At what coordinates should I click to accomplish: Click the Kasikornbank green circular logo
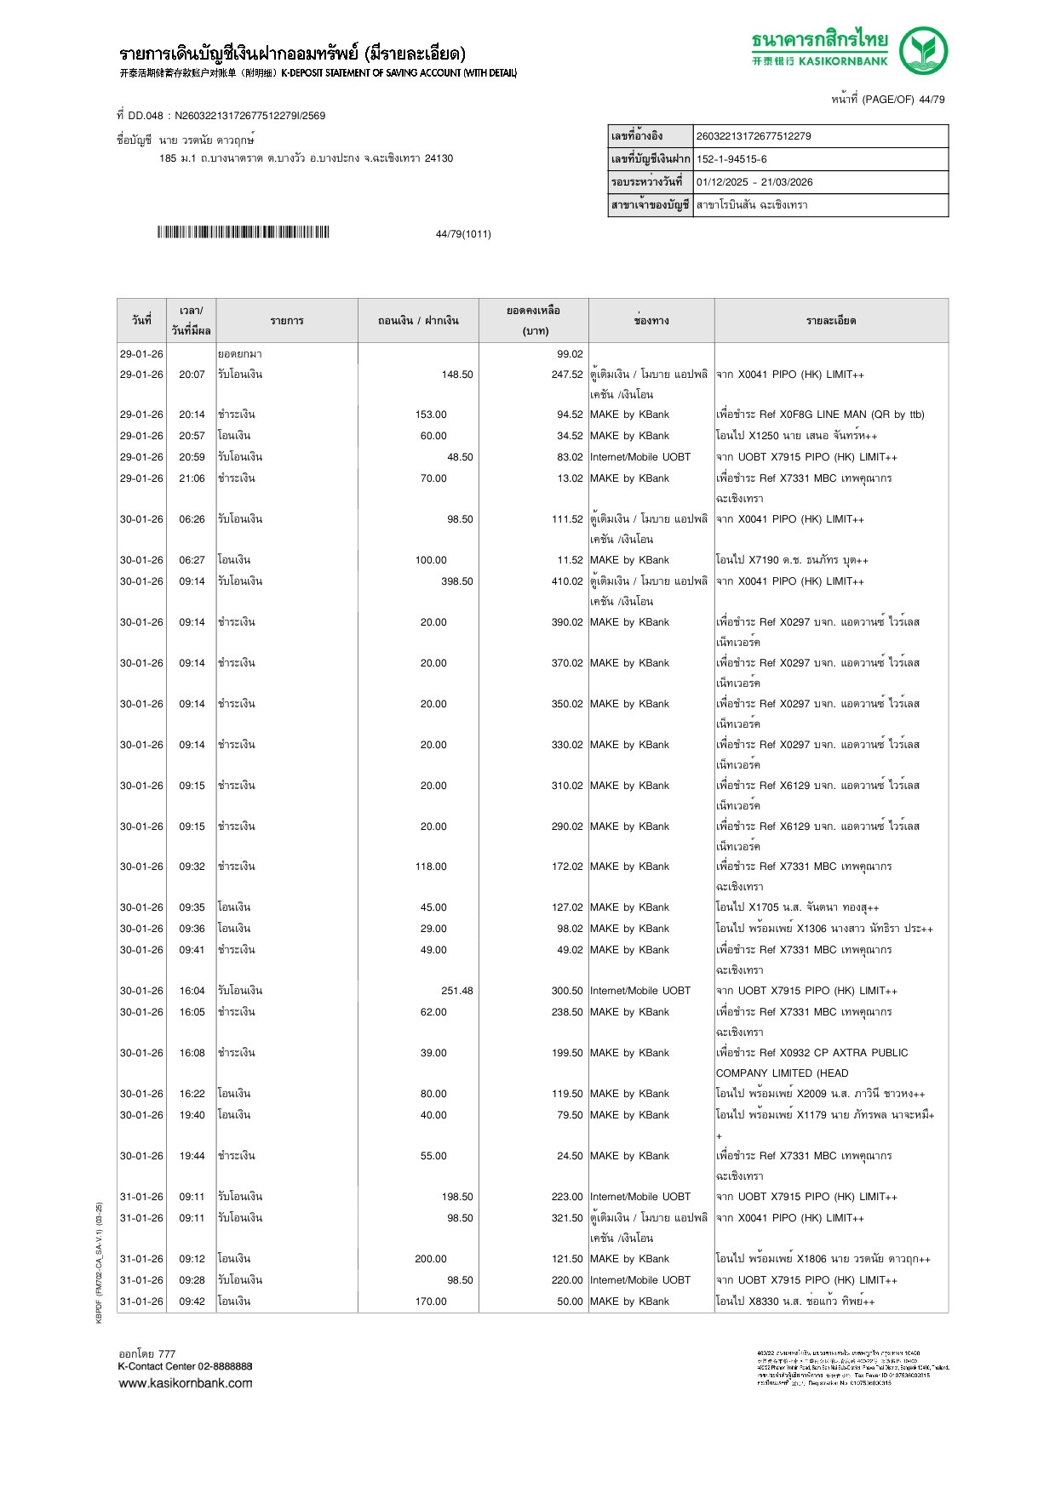[923, 50]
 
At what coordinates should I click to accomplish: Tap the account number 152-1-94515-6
[731, 159]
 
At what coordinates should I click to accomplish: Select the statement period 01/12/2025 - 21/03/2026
[754, 182]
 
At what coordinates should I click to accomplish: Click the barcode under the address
[243, 232]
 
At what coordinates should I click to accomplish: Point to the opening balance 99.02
[570, 354]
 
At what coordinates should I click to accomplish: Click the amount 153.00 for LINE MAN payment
[431, 415]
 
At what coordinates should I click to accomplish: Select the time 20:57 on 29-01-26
[192, 436]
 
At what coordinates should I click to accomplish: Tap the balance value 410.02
[567, 581]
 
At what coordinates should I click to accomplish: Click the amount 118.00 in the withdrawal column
[431, 867]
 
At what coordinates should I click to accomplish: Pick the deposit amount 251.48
[457, 991]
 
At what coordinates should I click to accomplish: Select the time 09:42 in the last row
[192, 1301]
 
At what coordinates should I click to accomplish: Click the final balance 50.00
[570, 1301]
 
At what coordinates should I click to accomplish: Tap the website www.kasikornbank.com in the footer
[186, 1383]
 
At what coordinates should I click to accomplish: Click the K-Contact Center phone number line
[186, 1366]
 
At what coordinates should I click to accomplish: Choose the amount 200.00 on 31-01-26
[431, 1259]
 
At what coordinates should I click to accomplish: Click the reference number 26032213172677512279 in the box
[754, 136]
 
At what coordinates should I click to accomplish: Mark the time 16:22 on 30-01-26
[192, 1094]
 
